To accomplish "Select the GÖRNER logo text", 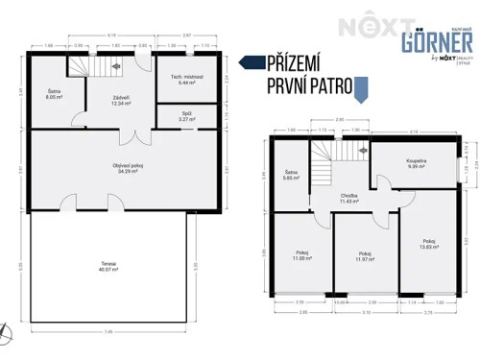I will coord(436,44).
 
